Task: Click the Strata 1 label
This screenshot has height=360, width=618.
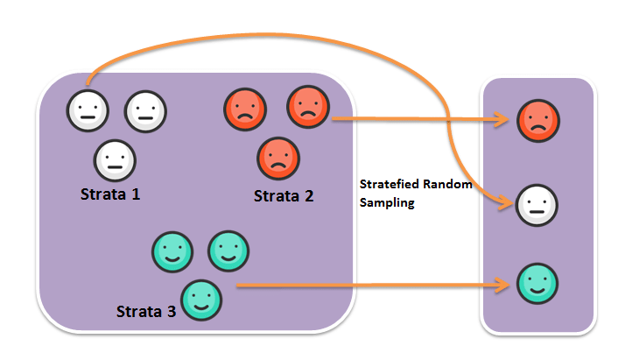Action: tap(110, 194)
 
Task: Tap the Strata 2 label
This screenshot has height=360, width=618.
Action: tap(284, 195)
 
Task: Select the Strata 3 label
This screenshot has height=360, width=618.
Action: tap(146, 311)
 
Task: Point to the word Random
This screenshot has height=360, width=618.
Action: tap(448, 185)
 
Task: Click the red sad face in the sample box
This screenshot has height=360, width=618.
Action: tap(537, 120)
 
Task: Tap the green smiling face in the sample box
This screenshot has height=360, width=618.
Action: tap(537, 285)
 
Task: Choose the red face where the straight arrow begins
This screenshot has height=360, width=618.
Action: tap(307, 106)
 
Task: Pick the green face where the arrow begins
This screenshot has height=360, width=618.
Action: tap(201, 300)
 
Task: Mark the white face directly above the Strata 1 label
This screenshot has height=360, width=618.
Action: tap(115, 160)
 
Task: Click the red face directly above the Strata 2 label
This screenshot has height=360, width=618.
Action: tap(277, 159)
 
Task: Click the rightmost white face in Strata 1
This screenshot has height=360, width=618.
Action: tap(145, 110)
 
